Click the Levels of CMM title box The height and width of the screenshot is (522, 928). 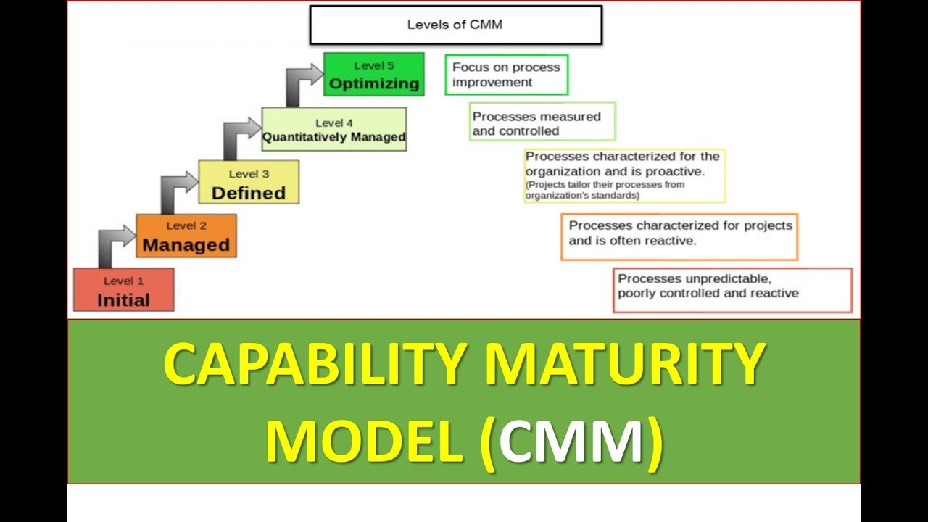[455, 25]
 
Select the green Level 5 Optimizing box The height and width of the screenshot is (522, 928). [373, 75]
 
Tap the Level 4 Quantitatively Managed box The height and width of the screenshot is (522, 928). [333, 130]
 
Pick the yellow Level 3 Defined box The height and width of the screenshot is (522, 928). [248, 183]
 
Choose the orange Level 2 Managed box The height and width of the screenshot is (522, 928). [186, 236]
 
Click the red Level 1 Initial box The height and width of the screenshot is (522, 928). [123, 290]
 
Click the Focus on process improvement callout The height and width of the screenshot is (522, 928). [506, 75]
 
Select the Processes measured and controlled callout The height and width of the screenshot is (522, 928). [542, 123]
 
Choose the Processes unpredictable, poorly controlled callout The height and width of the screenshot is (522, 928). [732, 290]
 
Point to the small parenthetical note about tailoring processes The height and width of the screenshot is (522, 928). [605, 190]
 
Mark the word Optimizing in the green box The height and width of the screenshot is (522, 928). [374, 83]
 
